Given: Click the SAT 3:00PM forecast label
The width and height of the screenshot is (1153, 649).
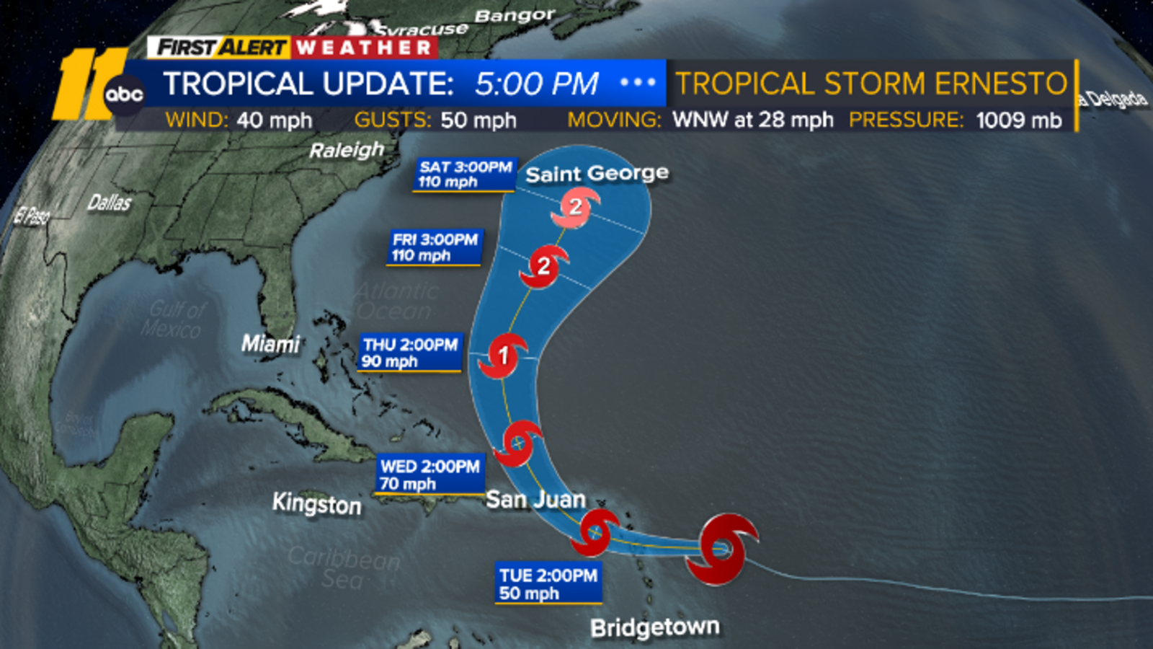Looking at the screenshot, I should tap(465, 175).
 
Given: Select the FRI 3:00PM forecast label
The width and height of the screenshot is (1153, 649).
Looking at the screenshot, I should tap(435, 247).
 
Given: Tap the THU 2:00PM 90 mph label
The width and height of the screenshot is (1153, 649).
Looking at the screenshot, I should tap(410, 353).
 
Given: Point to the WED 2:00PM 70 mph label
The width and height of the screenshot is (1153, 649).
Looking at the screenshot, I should tap(429, 474).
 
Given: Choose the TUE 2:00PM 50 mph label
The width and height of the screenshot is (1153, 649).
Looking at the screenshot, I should tap(548, 583).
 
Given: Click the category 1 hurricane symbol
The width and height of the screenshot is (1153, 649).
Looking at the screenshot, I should tap(504, 356).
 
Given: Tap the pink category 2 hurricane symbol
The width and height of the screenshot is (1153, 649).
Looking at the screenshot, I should tap(575, 208).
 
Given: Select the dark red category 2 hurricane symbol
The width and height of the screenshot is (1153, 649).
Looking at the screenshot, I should tap(543, 267).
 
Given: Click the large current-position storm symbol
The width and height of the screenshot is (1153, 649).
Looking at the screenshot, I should tap(721, 549).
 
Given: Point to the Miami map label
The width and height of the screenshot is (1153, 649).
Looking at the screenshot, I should tap(270, 344).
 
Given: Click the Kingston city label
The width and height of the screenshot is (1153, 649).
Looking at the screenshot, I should tap(316, 504).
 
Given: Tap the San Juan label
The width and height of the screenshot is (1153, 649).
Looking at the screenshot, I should tap(535, 499).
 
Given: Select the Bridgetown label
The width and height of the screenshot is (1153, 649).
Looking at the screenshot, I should tap(654, 627).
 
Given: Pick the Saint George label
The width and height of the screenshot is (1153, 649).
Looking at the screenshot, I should tap(597, 174).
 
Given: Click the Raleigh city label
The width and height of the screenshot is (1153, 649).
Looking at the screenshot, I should tap(347, 150).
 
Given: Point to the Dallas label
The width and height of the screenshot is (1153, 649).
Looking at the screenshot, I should tap(109, 203).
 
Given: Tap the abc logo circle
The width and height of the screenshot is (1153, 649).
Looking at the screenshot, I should tap(124, 94).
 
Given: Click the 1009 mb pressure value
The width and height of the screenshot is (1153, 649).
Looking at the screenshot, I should tap(1018, 120).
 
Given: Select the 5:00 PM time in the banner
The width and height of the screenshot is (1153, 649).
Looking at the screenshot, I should tap(536, 84).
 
